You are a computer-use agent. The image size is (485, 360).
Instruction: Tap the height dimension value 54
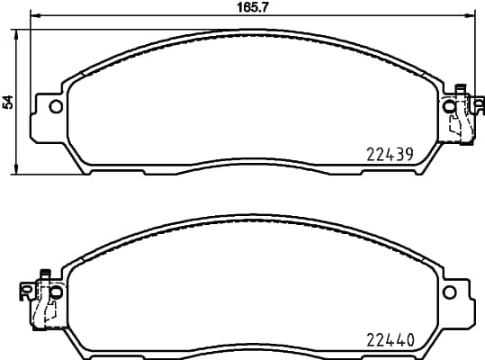(9, 101)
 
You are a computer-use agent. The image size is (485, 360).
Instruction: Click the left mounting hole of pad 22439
(55, 107)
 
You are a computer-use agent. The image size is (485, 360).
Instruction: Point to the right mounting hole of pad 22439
(448, 107)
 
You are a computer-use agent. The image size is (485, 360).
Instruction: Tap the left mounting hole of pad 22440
(55, 292)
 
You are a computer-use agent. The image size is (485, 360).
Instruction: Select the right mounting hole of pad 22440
(448, 292)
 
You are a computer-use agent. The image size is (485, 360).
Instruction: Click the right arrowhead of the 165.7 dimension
(468, 16)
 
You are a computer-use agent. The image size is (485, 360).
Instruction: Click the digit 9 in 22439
(409, 154)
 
